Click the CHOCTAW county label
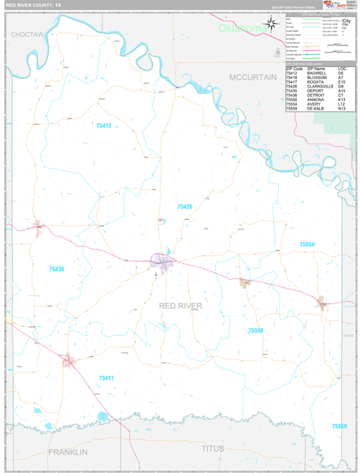pyautogui.click(x=27, y=35)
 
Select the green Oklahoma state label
pyautogui.click(x=243, y=28)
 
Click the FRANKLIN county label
pyautogui.click(x=68, y=452)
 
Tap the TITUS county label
pyautogui.click(x=213, y=449)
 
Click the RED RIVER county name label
pyautogui.click(x=180, y=306)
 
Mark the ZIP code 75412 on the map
pyautogui.click(x=104, y=126)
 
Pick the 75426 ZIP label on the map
pyautogui.click(x=184, y=207)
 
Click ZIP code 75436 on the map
pyautogui.click(x=55, y=270)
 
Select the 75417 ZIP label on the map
pyautogui.click(x=106, y=378)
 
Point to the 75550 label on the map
pyautogui.click(x=255, y=331)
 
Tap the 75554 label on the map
pyautogui.click(x=307, y=245)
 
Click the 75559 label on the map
pyautogui.click(x=340, y=426)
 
